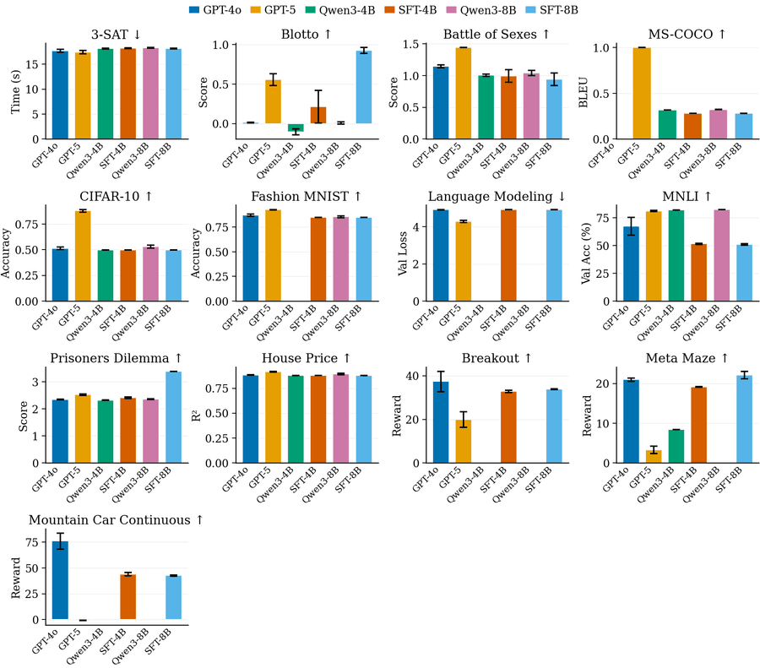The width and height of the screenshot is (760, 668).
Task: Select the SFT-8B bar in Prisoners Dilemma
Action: [174, 417]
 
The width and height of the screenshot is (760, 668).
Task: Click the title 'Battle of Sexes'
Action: [496, 34]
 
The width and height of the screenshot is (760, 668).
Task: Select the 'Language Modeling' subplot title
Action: [496, 197]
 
